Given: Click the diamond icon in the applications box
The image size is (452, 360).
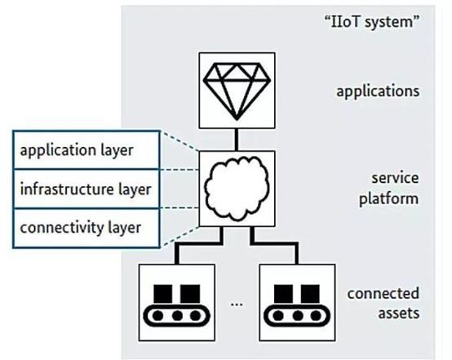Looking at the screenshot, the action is [237, 91].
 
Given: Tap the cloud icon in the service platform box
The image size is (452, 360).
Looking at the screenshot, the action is [237, 188].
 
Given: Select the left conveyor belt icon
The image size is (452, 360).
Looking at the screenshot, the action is [177, 305].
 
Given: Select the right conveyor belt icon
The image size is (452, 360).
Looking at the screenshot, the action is [297, 305].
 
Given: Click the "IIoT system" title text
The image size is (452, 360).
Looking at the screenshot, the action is [372, 22].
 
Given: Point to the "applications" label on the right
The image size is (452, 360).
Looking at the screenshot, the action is [378, 91].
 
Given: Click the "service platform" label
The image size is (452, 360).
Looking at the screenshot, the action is [388, 189].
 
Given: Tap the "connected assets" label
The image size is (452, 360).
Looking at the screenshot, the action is [383, 304].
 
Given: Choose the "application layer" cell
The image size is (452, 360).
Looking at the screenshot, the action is [86, 150].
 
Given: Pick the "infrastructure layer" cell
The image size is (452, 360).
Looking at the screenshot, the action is [86, 189].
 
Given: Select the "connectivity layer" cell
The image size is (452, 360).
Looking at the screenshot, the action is [86, 228].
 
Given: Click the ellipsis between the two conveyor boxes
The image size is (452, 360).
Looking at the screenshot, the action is [237, 304].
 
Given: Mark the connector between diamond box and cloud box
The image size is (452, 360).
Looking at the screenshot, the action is [237, 140].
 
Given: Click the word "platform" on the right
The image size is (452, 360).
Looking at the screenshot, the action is [388, 199].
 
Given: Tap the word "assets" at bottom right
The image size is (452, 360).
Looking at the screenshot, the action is [399, 313].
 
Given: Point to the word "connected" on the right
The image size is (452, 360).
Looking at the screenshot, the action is [383, 294].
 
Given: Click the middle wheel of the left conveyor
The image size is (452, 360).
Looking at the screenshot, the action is [177, 316].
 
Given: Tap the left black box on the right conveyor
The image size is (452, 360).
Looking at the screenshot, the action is [283, 294].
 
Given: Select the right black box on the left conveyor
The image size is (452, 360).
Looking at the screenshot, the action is [190, 294].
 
